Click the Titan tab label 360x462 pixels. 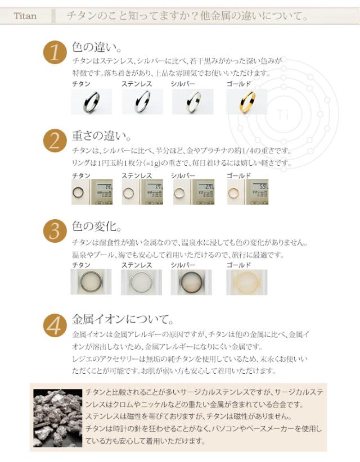26,16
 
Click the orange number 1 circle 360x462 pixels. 55,53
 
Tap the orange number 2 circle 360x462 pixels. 55,141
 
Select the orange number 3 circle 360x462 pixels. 55,231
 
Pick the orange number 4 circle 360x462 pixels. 55,325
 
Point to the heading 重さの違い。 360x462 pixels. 102,135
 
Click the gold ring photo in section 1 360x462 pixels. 246,102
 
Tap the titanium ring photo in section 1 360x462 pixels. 91,102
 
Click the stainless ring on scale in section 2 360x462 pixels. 142,192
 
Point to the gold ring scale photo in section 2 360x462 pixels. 247,192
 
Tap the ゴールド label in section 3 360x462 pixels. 238,264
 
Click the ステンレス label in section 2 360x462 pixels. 137,176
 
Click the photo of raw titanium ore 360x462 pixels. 56,417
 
